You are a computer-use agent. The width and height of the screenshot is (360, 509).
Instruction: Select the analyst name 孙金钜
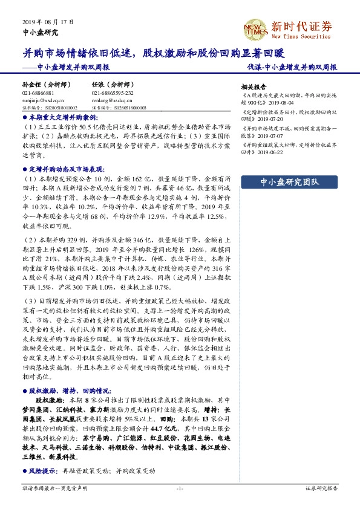[x=33, y=85]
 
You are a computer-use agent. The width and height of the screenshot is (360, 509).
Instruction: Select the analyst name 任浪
[x=99, y=85]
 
